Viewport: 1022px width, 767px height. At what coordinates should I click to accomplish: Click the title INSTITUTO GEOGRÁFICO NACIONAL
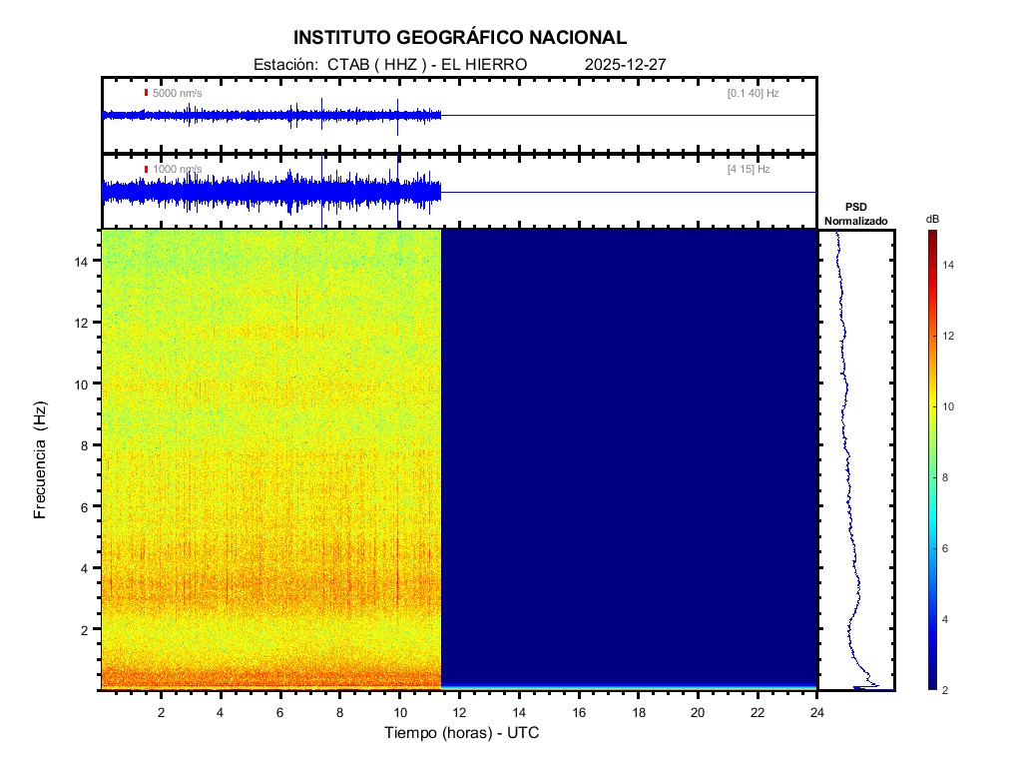[x=460, y=38]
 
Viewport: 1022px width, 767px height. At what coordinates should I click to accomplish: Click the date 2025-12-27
[x=625, y=64]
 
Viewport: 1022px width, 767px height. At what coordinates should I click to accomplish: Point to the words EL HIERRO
[x=483, y=64]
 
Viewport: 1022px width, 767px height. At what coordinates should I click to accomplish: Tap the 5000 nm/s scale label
[x=177, y=93]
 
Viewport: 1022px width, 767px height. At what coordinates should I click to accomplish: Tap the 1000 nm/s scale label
[x=177, y=170]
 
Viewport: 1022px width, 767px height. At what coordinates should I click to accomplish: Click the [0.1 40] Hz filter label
[x=753, y=93]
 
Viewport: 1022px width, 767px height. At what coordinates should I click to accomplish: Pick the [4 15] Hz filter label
[x=749, y=170]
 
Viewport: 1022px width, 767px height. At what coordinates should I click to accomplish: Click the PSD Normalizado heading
[x=855, y=214]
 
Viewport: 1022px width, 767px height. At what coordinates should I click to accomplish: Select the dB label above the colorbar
[x=932, y=219]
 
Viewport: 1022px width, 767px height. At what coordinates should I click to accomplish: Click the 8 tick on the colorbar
[x=948, y=478]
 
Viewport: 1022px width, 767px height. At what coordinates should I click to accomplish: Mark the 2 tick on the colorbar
[x=948, y=690]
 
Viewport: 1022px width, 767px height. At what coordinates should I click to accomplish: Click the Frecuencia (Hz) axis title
[x=41, y=460]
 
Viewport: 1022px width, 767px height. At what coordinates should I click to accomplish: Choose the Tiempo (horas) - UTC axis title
[x=463, y=733]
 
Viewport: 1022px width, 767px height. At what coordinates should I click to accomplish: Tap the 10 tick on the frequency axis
[x=84, y=383]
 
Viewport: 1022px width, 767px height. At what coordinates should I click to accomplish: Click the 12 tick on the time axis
[x=459, y=712]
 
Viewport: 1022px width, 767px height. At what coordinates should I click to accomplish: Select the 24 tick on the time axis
[x=817, y=712]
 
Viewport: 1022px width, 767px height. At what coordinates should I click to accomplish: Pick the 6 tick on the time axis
[x=280, y=712]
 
